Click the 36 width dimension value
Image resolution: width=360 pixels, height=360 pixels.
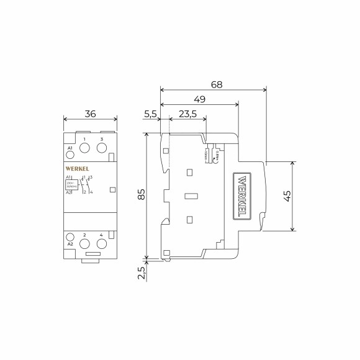[x=90, y=114]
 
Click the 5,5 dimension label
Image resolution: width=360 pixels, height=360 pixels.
[x=150, y=114]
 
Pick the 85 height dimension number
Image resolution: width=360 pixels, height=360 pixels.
[x=141, y=195]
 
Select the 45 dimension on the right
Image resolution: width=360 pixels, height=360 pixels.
[x=286, y=196]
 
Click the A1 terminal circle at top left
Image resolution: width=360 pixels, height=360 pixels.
[x=70, y=156]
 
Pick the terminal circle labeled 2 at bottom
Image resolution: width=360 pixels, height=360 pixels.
[x=84, y=243]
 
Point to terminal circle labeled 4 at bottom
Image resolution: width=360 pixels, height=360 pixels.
[x=101, y=243]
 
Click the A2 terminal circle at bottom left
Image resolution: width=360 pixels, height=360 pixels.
[x=70, y=236]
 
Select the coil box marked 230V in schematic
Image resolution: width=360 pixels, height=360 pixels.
[x=71, y=184]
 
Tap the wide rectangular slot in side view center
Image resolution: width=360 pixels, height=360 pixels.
[x=191, y=196]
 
